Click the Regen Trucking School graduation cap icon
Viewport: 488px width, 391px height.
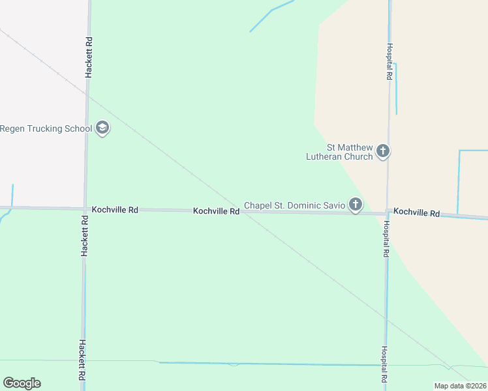102,128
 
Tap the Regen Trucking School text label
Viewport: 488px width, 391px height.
46,128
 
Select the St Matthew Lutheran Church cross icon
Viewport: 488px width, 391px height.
383,152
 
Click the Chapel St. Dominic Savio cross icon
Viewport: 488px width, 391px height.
356,205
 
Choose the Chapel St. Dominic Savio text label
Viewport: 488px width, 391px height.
294,205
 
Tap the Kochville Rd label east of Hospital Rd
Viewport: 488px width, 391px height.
416,213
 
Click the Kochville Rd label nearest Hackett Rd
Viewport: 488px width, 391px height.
115,210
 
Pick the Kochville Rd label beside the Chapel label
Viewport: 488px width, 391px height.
216,211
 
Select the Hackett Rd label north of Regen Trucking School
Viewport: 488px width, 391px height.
89,58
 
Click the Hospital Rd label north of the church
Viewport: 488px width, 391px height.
389,62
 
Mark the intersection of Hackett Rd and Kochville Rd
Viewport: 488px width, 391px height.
85,209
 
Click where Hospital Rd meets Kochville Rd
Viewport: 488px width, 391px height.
388,213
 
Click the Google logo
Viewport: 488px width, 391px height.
22,383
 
